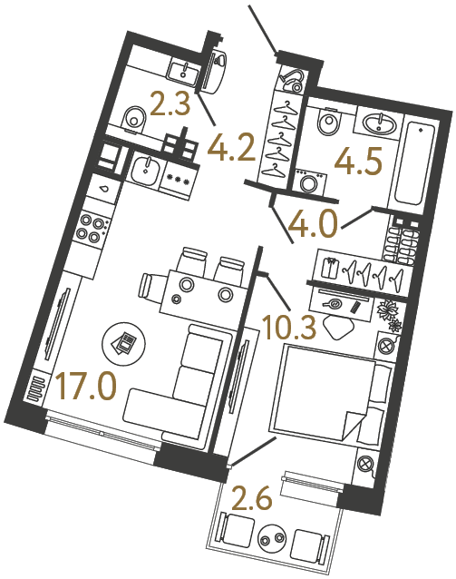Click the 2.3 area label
coord(169,108)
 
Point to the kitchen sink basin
coord(144,168)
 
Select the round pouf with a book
coord(125,343)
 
